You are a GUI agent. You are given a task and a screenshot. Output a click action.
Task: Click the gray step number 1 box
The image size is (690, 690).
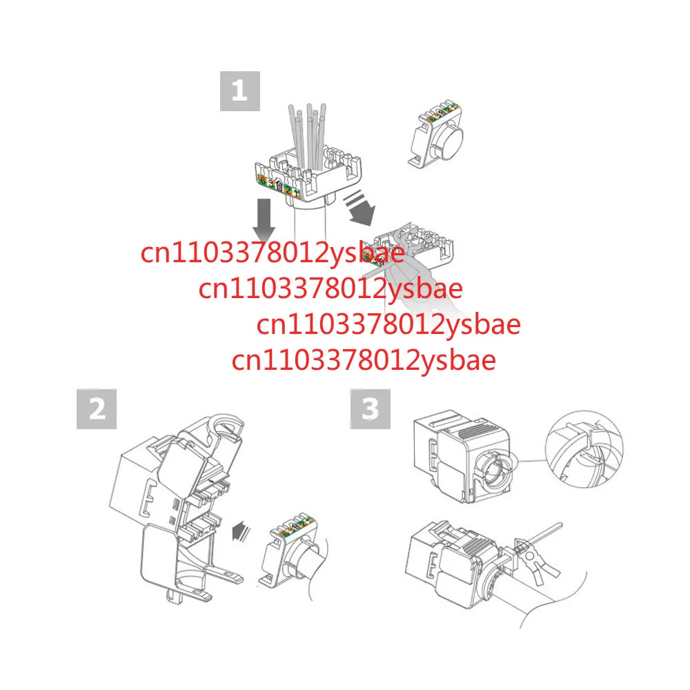tap(239, 90)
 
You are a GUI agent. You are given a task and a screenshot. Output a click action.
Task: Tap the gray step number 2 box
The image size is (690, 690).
tap(96, 409)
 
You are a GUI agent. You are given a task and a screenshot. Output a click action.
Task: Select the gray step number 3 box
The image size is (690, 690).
tap(371, 409)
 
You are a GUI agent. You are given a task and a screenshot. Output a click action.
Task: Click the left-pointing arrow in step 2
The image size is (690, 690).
tap(241, 532)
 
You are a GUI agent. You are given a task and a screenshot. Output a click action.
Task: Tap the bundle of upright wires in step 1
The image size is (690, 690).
tap(309, 138)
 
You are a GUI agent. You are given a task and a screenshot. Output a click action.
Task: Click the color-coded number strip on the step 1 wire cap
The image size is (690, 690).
tap(277, 184)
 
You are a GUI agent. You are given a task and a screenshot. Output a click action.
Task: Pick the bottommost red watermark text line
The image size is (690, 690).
tap(364, 360)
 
